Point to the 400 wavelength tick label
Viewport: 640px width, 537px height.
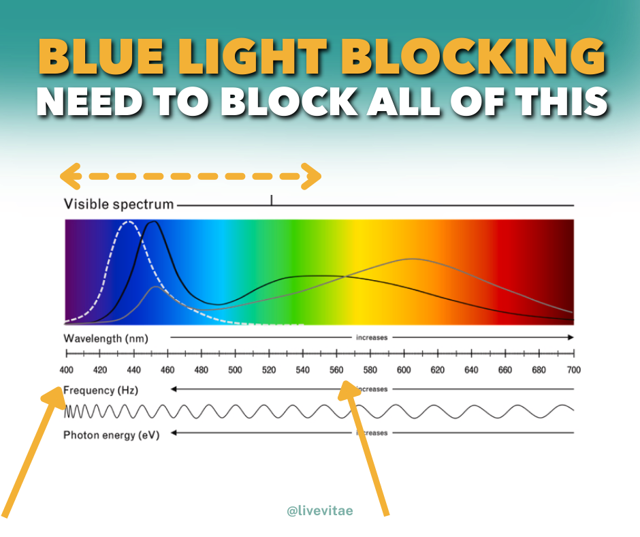tap(66, 370)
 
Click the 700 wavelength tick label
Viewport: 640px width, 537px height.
tap(573, 370)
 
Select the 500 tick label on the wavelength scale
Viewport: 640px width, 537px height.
tap(235, 370)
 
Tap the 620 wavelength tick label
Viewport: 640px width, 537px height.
tap(438, 370)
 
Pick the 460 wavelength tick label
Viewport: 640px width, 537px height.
tap(167, 370)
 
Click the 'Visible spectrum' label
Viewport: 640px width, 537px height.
tap(118, 204)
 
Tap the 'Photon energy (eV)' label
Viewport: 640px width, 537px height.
tap(112, 434)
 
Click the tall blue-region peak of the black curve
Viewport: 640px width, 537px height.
tap(153, 222)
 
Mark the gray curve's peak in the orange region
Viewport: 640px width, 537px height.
tap(411, 259)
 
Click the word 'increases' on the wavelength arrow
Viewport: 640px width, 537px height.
tap(371, 337)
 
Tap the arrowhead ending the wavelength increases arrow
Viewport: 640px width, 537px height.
tap(570, 337)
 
